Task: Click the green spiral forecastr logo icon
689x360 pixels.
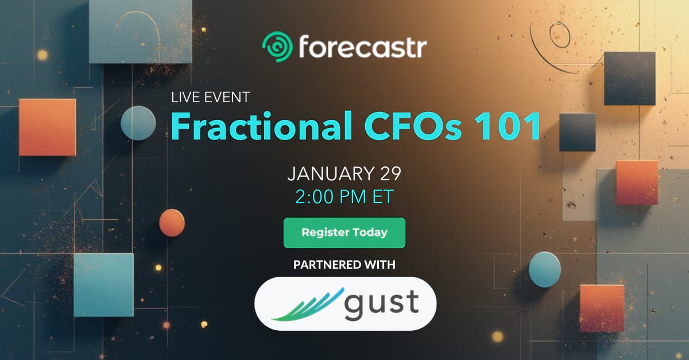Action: pyautogui.click(x=277, y=47)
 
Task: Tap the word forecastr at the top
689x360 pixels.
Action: pyautogui.click(x=363, y=47)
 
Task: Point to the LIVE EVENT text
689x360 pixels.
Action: pyautogui.click(x=210, y=98)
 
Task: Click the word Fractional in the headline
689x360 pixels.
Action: pyautogui.click(x=261, y=126)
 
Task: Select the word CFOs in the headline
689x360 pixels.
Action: pyautogui.click(x=413, y=126)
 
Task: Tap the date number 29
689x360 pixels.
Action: pyautogui.click(x=390, y=174)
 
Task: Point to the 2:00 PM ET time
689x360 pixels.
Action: pyautogui.click(x=344, y=196)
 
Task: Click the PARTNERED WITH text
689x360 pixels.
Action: pyautogui.click(x=344, y=265)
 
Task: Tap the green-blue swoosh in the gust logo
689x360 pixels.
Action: pyautogui.click(x=308, y=305)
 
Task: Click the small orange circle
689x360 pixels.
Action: pyautogui.click(x=172, y=223)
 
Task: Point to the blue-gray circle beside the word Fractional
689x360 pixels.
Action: pyautogui.click(x=138, y=123)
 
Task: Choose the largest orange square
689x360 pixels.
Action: pyautogui.click(x=47, y=127)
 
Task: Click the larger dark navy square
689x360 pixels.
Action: pyautogui.click(x=630, y=79)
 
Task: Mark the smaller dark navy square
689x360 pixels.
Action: pyautogui.click(x=578, y=132)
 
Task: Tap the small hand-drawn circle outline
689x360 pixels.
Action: pyautogui.click(x=560, y=35)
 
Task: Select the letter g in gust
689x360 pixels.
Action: pyautogui.click(x=354, y=306)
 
